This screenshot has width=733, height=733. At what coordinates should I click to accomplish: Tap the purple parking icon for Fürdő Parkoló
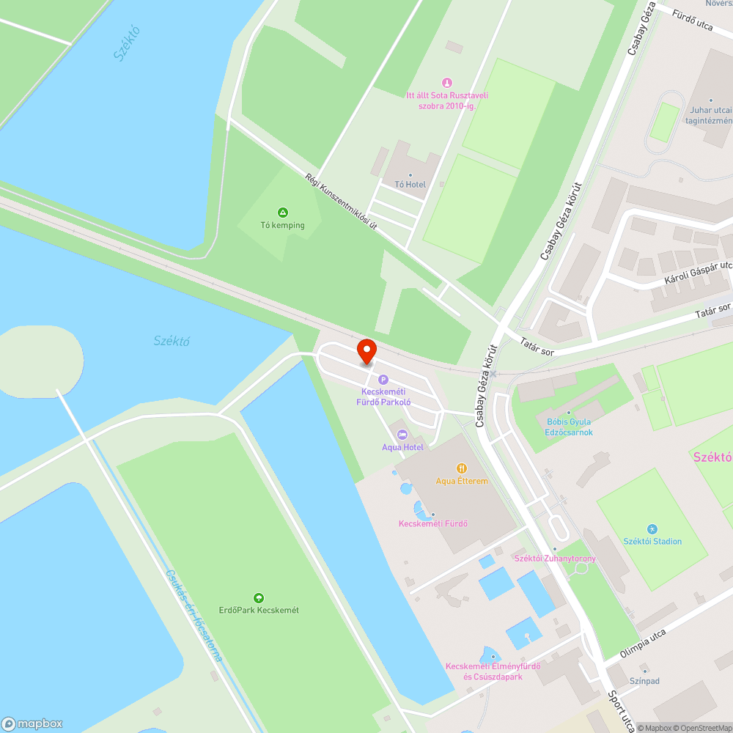pos(383,380)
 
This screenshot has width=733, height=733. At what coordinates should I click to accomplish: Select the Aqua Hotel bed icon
pos(402,435)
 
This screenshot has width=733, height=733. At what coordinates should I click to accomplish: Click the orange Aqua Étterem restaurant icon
pos(462,468)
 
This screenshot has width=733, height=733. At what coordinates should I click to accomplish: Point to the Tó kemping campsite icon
pos(283,213)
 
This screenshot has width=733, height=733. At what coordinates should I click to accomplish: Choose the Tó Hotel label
pos(410,185)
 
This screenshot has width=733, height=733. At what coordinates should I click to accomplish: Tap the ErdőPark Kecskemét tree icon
pos(258,598)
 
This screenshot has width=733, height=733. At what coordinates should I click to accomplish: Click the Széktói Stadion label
pos(652,542)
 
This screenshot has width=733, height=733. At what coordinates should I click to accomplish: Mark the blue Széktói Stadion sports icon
pos(652,529)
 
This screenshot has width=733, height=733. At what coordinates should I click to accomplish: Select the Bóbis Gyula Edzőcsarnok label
pos(569,427)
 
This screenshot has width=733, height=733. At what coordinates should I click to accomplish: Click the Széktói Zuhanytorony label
pos(555,559)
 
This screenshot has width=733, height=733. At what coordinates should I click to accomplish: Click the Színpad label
pos(644,681)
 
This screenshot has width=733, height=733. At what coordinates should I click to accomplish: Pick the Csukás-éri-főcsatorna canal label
pos(194,616)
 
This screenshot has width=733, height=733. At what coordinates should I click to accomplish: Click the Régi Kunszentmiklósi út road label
pos(341,200)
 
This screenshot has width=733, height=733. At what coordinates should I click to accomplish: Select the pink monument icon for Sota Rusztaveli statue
pos(447,83)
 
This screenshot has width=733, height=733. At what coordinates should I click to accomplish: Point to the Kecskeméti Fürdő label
pos(432,523)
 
